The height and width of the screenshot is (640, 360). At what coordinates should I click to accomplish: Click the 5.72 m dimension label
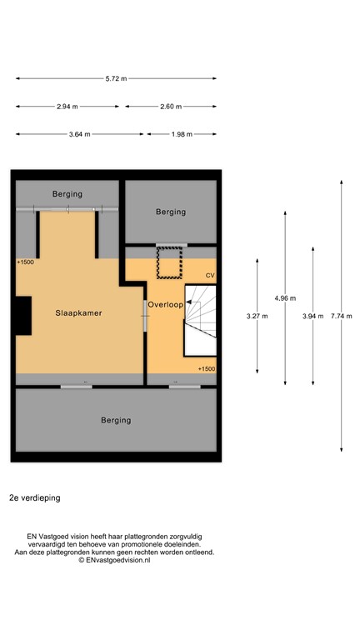tap(117, 79)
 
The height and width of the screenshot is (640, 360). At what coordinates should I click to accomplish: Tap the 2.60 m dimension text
tap(171, 107)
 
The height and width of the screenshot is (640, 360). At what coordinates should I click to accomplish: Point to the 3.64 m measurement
tap(79, 134)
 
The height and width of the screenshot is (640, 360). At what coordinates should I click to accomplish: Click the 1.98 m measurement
tap(181, 134)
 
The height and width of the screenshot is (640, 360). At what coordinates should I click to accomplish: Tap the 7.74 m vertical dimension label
tap(342, 316)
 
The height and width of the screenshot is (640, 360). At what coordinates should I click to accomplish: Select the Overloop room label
tap(166, 305)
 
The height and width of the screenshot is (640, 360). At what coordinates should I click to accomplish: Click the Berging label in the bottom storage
tap(116, 420)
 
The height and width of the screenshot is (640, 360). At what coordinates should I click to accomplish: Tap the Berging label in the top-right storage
tap(171, 212)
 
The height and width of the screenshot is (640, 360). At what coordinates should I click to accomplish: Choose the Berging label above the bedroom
tap(67, 194)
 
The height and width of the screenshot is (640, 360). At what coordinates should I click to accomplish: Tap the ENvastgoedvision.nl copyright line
tap(114, 560)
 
